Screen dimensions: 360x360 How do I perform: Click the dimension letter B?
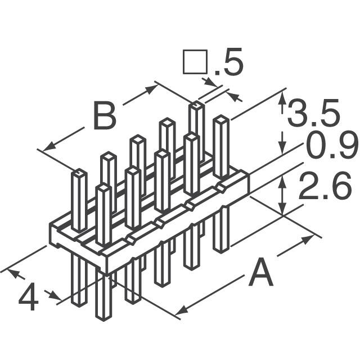click(104, 116)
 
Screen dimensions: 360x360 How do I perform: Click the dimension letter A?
click(260, 275)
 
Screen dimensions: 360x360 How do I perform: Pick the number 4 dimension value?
click(29, 299)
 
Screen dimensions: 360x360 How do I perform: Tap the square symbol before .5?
click(192, 62)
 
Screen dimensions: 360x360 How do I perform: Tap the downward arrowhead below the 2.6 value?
click(283, 209)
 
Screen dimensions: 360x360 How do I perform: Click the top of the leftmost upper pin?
click(78, 173)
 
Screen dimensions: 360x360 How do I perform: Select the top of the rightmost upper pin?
click(220, 119)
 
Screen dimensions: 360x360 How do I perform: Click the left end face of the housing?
click(55, 236)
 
